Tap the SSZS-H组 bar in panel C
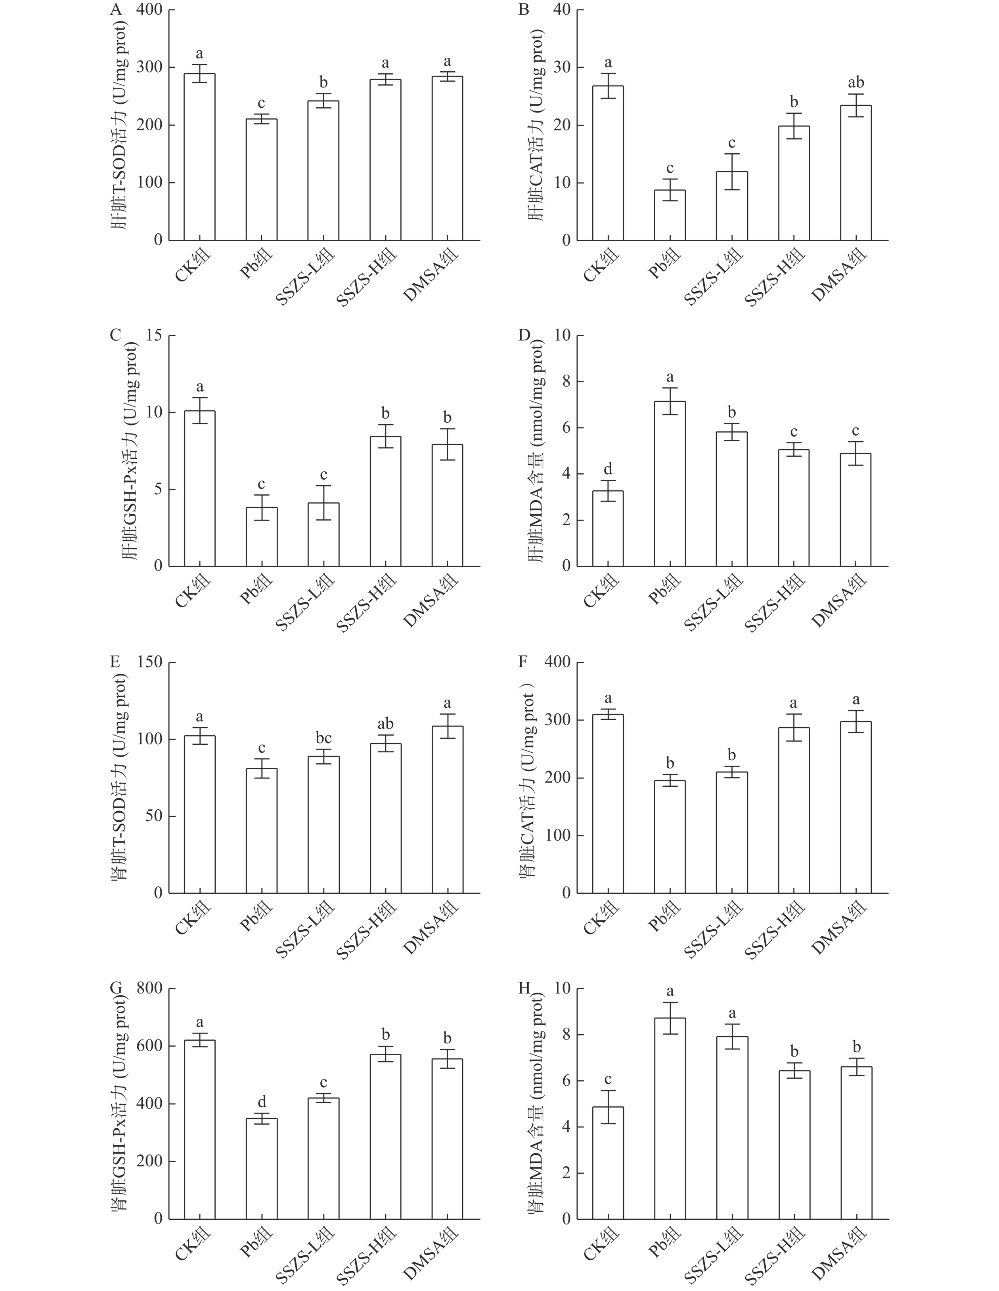(386, 501)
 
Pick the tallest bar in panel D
(670, 484)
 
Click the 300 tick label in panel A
(149, 67)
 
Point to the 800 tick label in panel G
(149, 988)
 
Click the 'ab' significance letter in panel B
(855, 83)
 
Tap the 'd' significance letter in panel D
(607, 470)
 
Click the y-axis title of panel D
(537, 452)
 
